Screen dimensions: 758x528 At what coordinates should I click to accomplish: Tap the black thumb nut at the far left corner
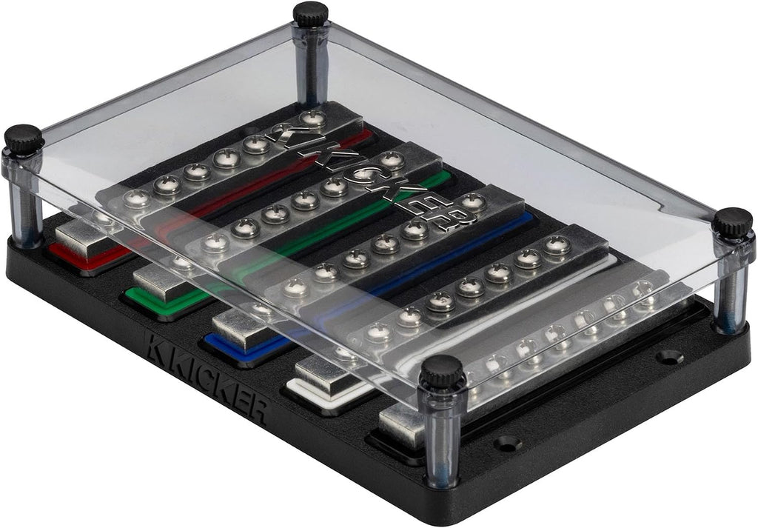point(23,138)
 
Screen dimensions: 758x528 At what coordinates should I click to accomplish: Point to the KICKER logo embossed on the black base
point(206,377)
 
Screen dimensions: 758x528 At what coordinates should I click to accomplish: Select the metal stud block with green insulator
point(161,282)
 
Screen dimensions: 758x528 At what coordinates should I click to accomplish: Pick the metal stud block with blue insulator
point(241,328)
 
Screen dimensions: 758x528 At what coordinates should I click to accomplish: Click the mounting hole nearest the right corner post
point(670,357)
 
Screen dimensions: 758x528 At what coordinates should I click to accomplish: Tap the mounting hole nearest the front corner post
point(507,443)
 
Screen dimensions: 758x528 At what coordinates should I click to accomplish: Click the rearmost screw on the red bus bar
point(312,118)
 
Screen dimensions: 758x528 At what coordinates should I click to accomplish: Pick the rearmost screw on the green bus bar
point(392,160)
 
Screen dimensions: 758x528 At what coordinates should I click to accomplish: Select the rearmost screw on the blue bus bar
point(474,202)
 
